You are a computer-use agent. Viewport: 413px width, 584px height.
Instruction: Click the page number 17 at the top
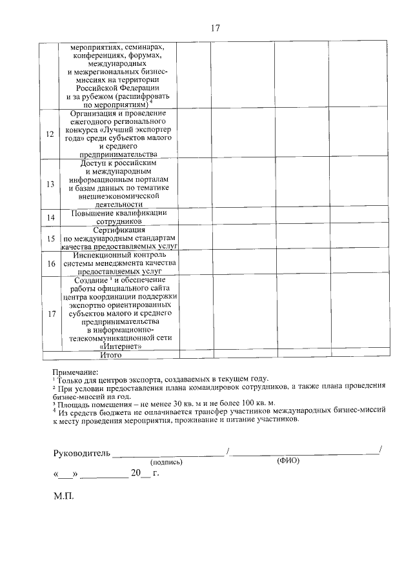[x=216, y=28]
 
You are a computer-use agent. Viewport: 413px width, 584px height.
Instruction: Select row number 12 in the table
[x=50, y=134]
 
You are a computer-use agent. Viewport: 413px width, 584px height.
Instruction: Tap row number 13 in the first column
[x=50, y=184]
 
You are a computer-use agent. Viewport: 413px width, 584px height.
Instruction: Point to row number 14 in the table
[x=50, y=217]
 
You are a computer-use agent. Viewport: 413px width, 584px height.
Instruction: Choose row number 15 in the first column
[x=50, y=239]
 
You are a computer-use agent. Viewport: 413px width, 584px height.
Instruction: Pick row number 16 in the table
[x=50, y=263]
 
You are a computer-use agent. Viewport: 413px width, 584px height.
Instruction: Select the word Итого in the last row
[x=110, y=354]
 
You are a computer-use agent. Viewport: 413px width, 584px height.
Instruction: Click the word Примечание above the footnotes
[x=76, y=372]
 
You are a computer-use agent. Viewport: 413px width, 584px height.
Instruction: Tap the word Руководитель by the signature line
[x=81, y=452]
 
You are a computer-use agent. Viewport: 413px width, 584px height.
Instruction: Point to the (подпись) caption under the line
[x=166, y=463]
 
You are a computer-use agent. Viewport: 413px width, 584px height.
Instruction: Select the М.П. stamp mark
[x=65, y=498]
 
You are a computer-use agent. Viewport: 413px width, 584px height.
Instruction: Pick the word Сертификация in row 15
[x=119, y=230]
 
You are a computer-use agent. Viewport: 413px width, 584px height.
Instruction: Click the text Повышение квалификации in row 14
[x=119, y=212]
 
